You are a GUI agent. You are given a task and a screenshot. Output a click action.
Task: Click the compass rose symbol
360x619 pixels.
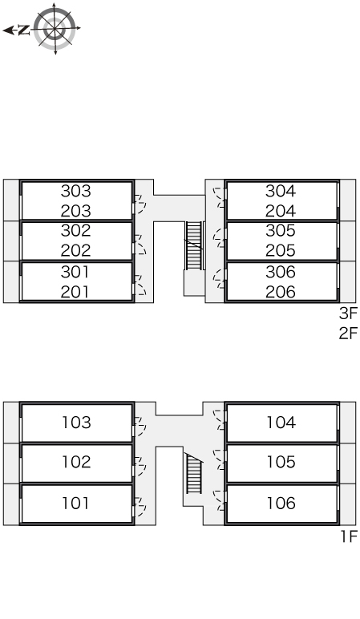pyautogui.click(x=55, y=28)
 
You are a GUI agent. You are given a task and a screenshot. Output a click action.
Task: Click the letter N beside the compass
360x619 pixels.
pyautogui.click(x=25, y=30)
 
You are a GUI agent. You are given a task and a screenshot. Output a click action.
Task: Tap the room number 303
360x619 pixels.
pyautogui.click(x=76, y=191)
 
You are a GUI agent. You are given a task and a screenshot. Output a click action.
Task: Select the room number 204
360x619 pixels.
pyautogui.click(x=281, y=211)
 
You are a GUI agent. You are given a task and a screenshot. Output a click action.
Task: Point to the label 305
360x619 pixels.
pyautogui.click(x=281, y=231)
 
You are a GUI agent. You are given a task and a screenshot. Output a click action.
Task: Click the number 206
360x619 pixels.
pyautogui.click(x=281, y=292)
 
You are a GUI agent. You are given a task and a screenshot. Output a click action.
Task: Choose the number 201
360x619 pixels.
pyautogui.click(x=76, y=292)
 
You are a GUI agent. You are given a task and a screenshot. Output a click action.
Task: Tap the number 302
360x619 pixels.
pyautogui.click(x=76, y=231)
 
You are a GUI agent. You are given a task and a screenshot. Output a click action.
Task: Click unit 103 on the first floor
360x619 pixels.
pyautogui.click(x=77, y=423)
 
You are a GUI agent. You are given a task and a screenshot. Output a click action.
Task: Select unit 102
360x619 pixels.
pyautogui.click(x=77, y=462)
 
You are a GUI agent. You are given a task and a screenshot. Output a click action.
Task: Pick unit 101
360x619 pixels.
pyautogui.click(x=76, y=504)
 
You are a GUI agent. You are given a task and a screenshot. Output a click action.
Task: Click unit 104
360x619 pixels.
pyautogui.click(x=281, y=423)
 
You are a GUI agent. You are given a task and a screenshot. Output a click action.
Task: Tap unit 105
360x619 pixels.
pyautogui.click(x=281, y=462)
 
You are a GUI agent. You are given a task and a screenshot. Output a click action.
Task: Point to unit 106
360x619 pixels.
pyautogui.click(x=281, y=504)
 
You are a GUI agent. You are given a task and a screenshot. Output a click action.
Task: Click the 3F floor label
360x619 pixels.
pyautogui.click(x=348, y=314)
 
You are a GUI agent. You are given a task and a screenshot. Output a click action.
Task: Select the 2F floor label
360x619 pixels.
pyautogui.click(x=348, y=334)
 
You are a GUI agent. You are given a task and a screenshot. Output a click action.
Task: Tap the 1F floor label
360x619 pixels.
pyautogui.click(x=349, y=536)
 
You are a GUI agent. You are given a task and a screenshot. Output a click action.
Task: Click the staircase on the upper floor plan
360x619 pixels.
pyautogui.click(x=194, y=245)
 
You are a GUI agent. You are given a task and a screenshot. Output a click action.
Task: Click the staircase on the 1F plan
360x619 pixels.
pyautogui.click(x=194, y=473)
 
